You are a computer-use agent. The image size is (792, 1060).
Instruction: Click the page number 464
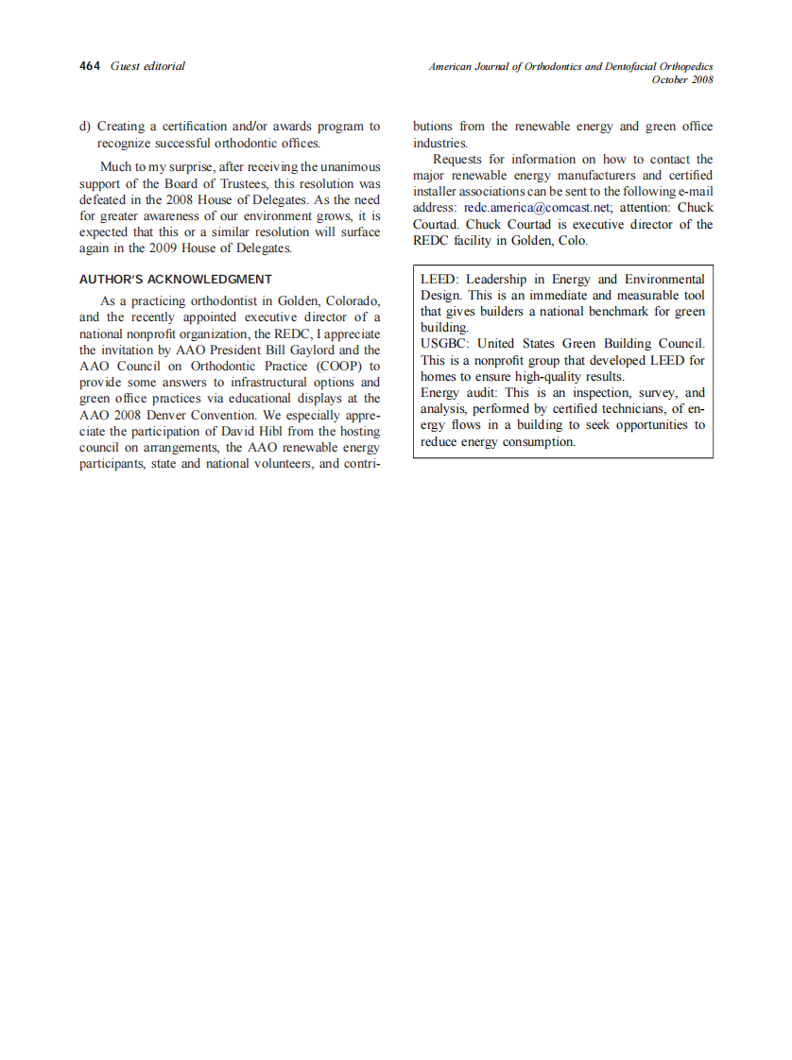(x=90, y=66)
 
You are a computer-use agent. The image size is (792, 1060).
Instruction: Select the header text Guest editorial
(x=147, y=66)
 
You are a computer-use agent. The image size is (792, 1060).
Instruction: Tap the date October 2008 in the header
(x=682, y=80)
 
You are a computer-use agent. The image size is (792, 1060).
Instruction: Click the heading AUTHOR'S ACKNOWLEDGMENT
(x=176, y=279)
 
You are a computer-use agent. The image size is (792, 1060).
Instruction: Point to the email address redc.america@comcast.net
(x=537, y=208)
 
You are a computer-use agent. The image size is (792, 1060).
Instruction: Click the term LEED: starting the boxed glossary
(x=439, y=280)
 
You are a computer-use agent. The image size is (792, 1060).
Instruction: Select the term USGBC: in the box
(x=445, y=344)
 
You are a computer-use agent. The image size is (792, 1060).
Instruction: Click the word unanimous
(x=349, y=167)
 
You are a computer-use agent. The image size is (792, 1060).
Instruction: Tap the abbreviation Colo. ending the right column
(x=570, y=241)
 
